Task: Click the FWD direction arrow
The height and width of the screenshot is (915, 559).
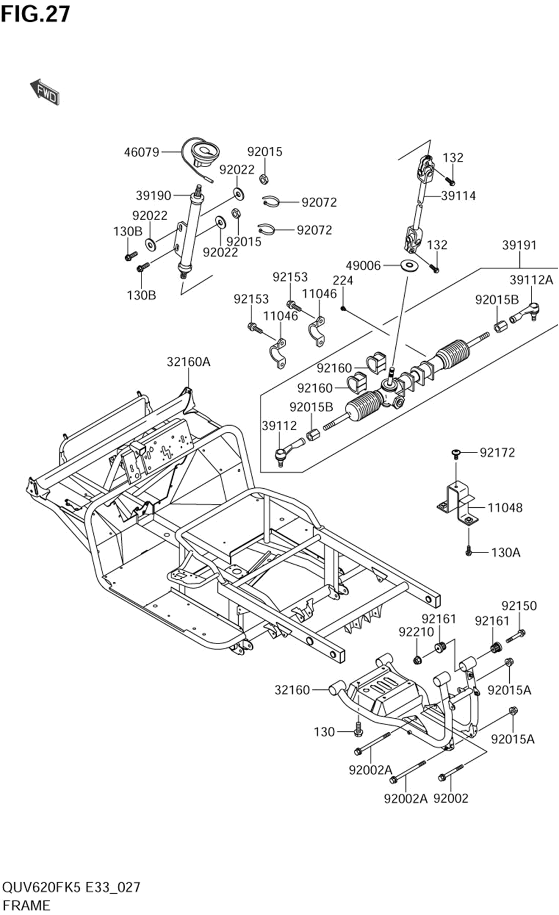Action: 45,92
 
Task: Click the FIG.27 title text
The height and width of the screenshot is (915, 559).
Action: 36,14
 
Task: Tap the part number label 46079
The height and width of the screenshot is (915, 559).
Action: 141,152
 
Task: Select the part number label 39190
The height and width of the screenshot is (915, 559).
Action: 154,196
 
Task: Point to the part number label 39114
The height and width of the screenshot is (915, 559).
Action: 458,196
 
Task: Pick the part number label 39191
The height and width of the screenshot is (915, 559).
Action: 519,245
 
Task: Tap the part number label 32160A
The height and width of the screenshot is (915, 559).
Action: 188,362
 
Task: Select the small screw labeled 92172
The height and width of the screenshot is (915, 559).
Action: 456,452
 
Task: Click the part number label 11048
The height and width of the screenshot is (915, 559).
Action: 505,508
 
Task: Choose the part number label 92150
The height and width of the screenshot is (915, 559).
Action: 519,606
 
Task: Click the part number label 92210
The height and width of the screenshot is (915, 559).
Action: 416,632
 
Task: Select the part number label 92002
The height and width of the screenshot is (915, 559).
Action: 451,798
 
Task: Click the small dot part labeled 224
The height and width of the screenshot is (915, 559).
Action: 343,308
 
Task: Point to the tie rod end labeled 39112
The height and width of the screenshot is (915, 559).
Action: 290,451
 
